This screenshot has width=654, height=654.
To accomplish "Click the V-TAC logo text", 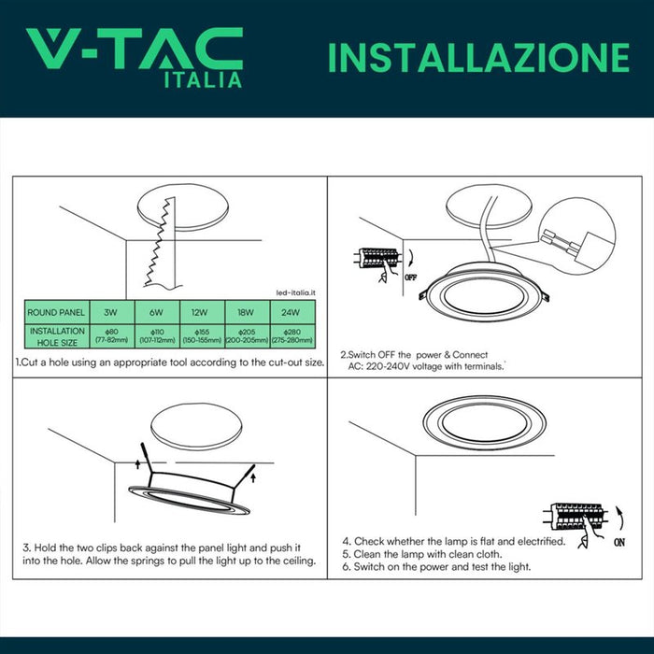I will click(x=134, y=48).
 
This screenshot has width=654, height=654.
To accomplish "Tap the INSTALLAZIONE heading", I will click(x=477, y=57).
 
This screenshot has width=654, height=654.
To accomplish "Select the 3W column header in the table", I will click(x=112, y=312).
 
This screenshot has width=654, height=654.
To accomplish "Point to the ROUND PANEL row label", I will click(x=57, y=312).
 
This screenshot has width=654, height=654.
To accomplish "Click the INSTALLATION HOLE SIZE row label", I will click(x=57, y=336).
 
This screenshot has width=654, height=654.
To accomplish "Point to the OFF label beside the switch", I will click(x=410, y=277).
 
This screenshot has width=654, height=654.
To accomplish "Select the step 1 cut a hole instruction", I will click(x=170, y=362).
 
